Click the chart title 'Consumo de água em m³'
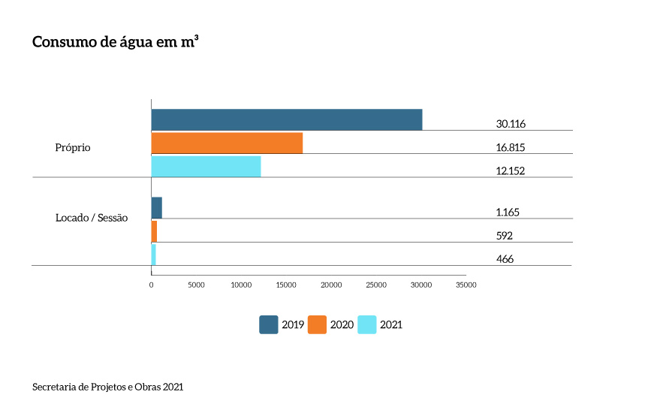115,42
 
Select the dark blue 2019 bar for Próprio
286,119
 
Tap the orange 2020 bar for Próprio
227,143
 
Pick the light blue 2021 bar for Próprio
206,167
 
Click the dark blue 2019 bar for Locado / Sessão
156,207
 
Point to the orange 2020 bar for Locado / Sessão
154,231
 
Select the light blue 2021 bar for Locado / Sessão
153,254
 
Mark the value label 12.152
510,170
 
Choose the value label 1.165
508,212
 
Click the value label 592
505,235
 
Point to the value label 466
505,258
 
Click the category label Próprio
73,148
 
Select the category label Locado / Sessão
92,218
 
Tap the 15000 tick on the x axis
286,285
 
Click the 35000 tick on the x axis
466,285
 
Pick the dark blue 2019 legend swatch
269,324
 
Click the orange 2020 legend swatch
317,324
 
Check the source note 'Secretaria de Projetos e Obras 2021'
107,387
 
